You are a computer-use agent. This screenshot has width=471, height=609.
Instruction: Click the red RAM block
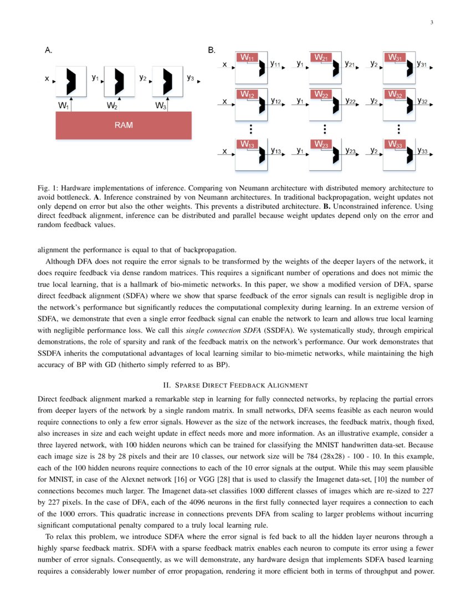[123, 125]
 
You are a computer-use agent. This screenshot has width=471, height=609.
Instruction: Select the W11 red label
[247, 58]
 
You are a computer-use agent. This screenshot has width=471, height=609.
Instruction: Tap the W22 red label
[321, 95]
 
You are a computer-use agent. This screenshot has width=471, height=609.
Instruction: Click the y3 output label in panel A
[190, 78]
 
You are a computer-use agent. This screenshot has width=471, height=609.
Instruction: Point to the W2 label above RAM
[112, 105]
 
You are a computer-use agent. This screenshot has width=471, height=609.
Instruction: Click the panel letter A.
[48, 50]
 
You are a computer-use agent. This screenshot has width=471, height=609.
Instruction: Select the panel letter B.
[211, 50]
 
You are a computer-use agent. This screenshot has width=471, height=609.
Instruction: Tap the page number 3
[431, 23]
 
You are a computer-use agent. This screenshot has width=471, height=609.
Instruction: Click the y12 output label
[275, 101]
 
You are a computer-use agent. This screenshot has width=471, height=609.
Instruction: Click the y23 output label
[350, 151]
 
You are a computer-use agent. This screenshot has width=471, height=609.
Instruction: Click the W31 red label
[395, 58]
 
